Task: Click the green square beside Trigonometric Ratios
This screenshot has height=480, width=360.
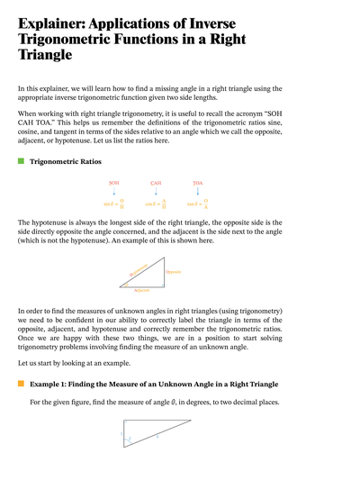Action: tap(21, 161)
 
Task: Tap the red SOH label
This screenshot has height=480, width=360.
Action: tap(114, 183)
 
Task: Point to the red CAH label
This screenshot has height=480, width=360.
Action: tap(156, 183)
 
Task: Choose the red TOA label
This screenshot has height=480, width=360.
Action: tap(198, 183)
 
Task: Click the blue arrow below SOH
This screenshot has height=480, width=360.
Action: tap(114, 193)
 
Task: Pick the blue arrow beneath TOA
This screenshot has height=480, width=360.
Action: tap(198, 193)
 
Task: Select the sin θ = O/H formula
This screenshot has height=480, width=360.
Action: tap(115, 204)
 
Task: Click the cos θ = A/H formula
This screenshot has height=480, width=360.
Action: tap(157, 204)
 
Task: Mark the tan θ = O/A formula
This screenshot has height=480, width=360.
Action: tap(200, 204)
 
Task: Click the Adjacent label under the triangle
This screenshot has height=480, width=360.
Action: tap(142, 291)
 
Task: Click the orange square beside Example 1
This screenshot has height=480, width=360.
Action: tap(21, 384)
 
